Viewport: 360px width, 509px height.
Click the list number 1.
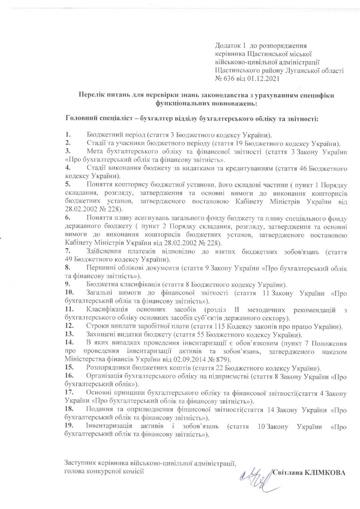(67, 134)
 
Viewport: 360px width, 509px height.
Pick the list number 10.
(69, 293)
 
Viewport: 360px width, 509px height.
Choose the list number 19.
(69, 426)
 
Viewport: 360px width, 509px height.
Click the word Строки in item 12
(98, 326)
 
